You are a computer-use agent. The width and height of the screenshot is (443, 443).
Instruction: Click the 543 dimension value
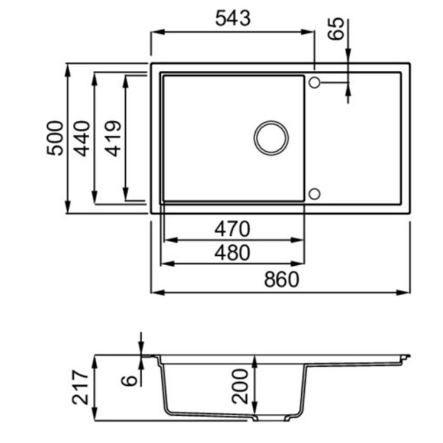tap(233, 18)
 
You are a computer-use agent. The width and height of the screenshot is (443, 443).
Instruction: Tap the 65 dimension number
tap(336, 28)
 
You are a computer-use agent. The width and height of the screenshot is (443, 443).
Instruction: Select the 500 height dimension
tap(55, 138)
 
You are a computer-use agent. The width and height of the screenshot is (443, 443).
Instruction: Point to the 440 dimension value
tap(83, 138)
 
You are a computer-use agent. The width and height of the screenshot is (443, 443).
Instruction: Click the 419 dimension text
tap(113, 138)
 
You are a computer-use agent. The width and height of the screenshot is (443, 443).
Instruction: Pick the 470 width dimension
tap(232, 229)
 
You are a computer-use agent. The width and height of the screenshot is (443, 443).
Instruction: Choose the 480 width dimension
tap(232, 253)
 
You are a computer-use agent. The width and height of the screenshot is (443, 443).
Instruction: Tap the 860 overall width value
tap(281, 280)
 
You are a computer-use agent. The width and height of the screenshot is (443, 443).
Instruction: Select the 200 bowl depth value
tap(240, 386)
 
